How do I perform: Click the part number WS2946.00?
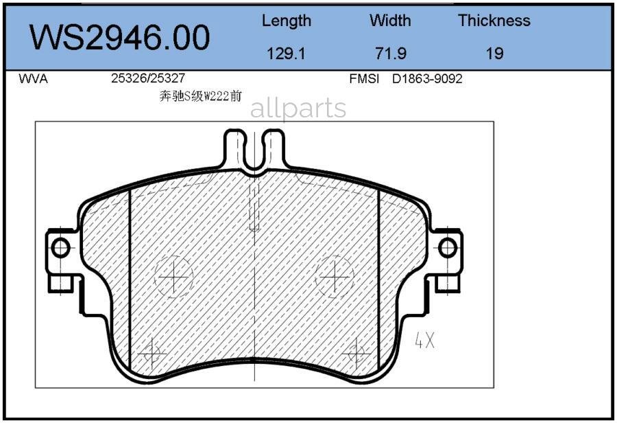(119, 38)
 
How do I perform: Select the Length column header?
(286, 21)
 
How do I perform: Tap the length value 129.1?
(286, 53)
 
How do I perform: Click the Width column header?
(390, 21)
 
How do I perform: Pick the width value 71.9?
(390, 53)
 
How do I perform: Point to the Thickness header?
(494, 21)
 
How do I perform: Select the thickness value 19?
(494, 53)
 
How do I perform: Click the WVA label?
(33, 79)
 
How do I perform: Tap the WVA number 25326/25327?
(147, 79)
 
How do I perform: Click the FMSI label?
(364, 79)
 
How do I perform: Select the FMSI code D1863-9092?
(427, 79)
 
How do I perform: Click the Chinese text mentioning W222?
(200, 97)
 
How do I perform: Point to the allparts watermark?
(298, 108)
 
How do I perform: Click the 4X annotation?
(425, 340)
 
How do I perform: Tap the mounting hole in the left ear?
(60, 247)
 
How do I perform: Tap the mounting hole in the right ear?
(448, 247)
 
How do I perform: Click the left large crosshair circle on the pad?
(175, 277)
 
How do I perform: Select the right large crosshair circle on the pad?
(335, 277)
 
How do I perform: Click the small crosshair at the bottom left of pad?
(152, 354)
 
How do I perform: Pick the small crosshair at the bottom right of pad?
(356, 354)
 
